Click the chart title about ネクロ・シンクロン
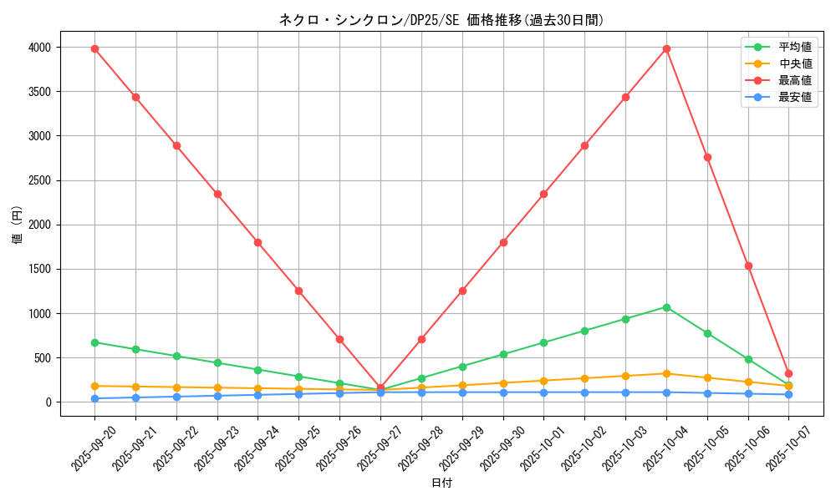pyautogui.click(x=441, y=20)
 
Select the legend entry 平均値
pyautogui.click(x=794, y=48)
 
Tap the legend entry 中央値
pyautogui.click(x=794, y=63)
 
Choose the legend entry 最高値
pyautogui.click(x=794, y=80)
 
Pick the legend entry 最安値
pyautogui.click(x=794, y=97)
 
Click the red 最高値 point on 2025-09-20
pyautogui.click(x=94, y=48)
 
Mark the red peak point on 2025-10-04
pyautogui.click(x=666, y=48)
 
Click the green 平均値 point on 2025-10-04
pyautogui.click(x=666, y=307)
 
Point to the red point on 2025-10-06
pyautogui.click(x=748, y=266)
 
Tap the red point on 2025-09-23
pyautogui.click(x=217, y=194)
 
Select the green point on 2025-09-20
pyautogui.click(x=94, y=342)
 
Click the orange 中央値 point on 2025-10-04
pyautogui.click(x=666, y=373)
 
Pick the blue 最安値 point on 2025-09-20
pyautogui.click(x=94, y=398)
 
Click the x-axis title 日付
pyautogui.click(x=441, y=483)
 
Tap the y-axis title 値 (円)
pyautogui.click(x=18, y=225)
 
